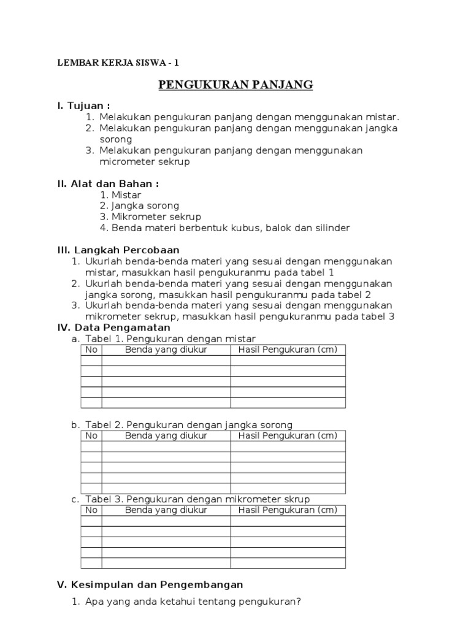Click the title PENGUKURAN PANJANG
click(235, 85)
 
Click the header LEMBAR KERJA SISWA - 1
click(118, 63)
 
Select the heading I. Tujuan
click(83, 106)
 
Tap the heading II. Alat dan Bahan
click(108, 183)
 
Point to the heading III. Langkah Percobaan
click(118, 250)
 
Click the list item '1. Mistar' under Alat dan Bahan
click(120, 195)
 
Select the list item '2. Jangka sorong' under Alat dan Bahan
click(139, 206)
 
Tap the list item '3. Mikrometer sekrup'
click(150, 217)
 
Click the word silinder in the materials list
click(331, 228)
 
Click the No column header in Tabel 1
click(91, 350)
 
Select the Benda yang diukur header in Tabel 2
click(166, 436)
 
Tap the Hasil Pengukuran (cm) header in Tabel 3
click(288, 510)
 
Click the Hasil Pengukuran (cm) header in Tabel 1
click(288, 350)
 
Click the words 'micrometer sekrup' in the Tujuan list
click(145, 162)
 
